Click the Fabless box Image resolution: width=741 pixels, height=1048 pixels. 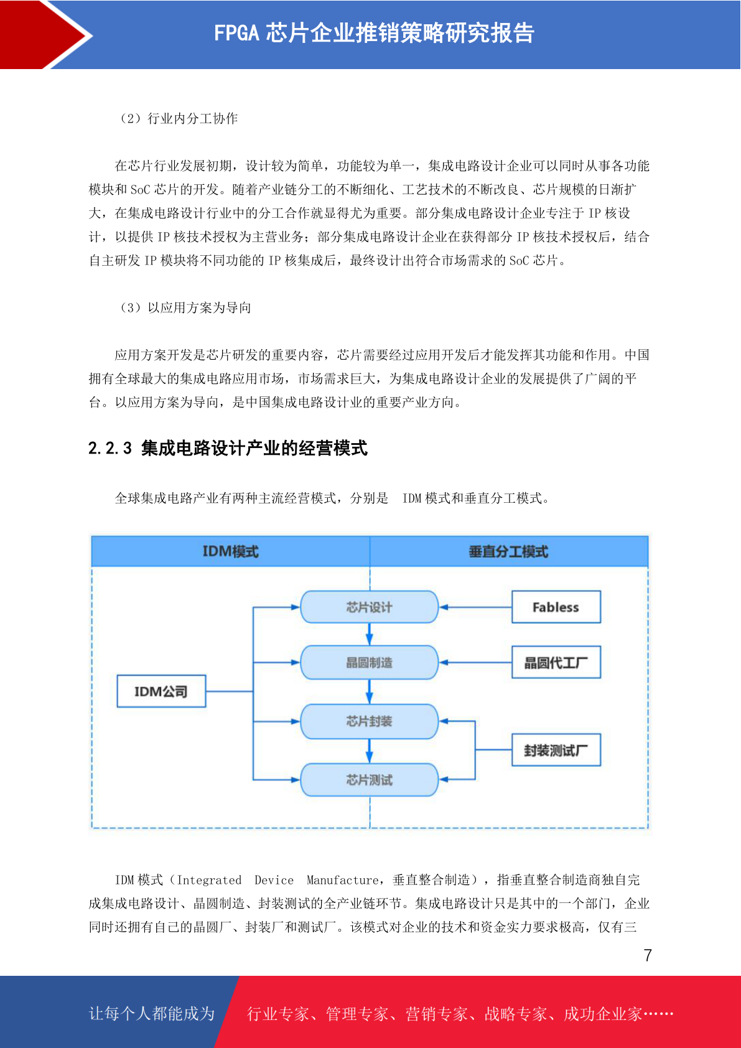[x=556, y=607]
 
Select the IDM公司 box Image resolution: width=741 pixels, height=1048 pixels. [x=161, y=691]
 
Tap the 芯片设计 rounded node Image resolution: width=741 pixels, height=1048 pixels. [x=369, y=607]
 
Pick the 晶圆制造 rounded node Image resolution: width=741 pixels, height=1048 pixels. [x=369, y=662]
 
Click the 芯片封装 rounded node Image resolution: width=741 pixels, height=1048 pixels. [x=369, y=721]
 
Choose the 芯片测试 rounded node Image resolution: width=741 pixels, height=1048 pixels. [x=369, y=779]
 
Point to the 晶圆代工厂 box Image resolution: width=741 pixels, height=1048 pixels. [x=556, y=662]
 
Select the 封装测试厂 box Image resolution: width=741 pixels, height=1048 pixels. [x=556, y=750]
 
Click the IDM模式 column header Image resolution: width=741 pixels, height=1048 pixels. [x=231, y=551]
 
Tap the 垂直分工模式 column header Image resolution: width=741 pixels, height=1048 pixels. [x=509, y=551]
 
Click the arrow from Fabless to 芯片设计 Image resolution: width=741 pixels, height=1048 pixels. [x=475, y=607]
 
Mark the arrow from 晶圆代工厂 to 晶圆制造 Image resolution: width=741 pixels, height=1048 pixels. [x=475, y=663]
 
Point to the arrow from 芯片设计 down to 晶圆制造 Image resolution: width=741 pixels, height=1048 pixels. [x=369, y=634]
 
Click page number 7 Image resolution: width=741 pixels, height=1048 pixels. [x=648, y=955]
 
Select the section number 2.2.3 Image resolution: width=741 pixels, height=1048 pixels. [x=110, y=448]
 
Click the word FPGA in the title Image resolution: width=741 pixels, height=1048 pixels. [x=236, y=33]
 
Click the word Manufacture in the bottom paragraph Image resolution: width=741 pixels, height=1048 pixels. [x=342, y=880]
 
